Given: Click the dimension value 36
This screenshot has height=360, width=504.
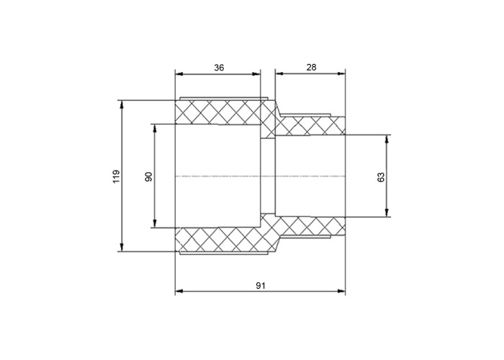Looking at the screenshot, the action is (219, 68).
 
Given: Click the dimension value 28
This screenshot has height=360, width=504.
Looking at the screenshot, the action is (311, 67).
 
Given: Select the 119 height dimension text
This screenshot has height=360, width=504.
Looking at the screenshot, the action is (116, 176).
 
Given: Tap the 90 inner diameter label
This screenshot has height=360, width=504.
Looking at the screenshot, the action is (149, 176).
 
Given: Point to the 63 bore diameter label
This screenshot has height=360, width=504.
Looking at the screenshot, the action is (381, 177).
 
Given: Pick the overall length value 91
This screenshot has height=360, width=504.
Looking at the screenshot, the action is (261, 285).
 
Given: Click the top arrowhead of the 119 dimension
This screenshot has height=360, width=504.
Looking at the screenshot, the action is (122, 105).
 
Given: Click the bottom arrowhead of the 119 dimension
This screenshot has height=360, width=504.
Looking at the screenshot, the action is (122, 247).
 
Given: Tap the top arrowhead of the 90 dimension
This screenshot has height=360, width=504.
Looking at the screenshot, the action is (155, 128).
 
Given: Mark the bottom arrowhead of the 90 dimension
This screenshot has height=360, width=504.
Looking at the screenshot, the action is (155, 223).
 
